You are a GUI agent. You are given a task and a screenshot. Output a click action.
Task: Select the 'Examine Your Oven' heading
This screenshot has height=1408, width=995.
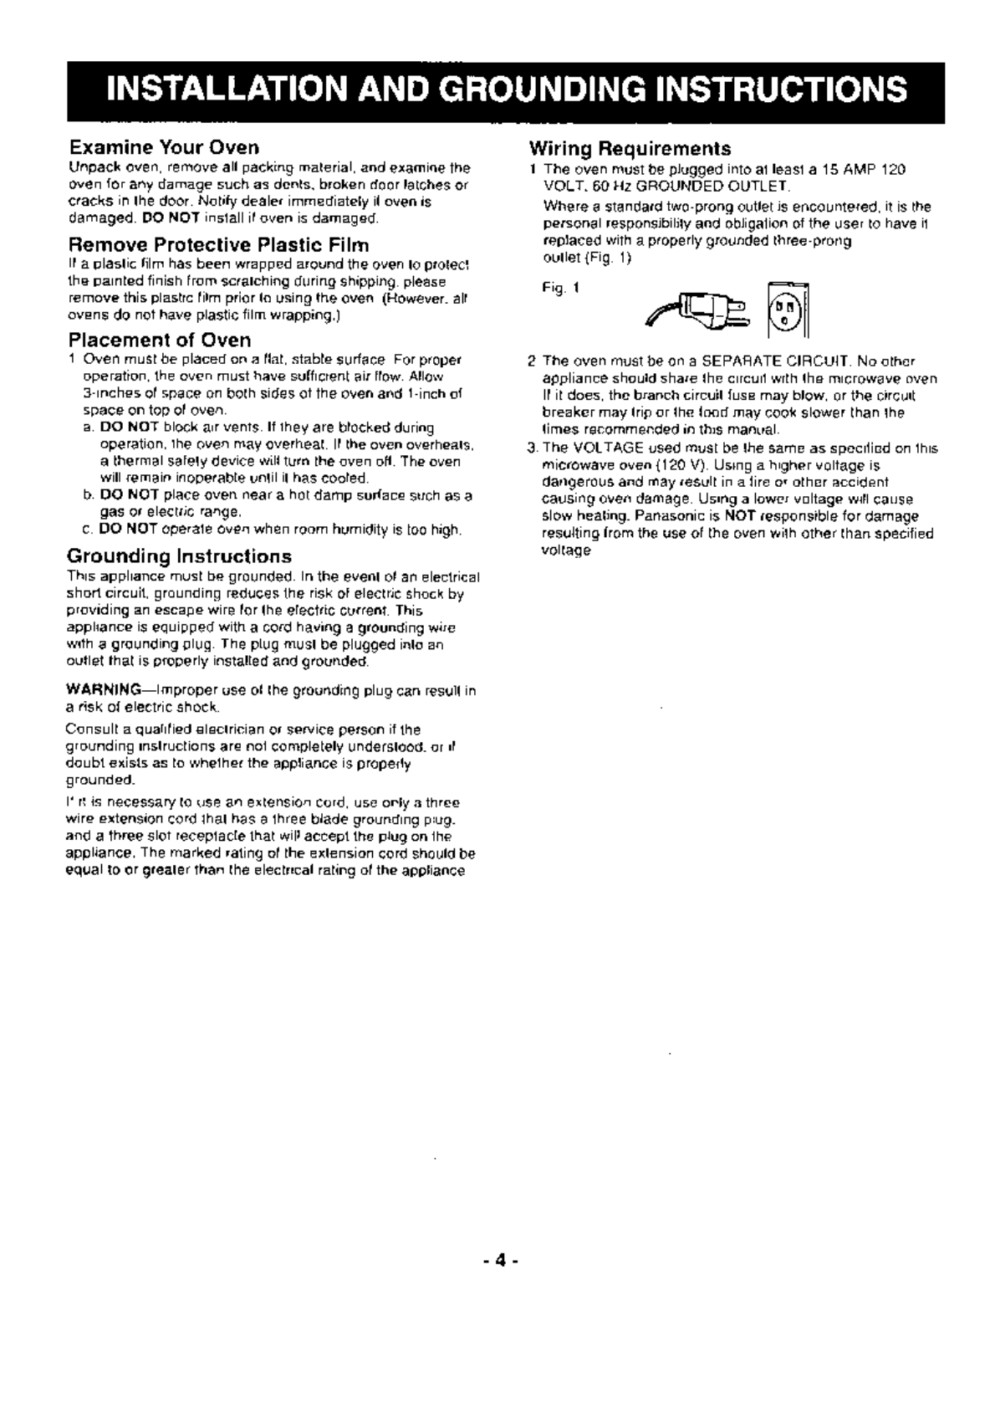click(x=163, y=149)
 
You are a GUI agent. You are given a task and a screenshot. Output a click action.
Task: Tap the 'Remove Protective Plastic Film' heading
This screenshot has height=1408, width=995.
click(x=218, y=245)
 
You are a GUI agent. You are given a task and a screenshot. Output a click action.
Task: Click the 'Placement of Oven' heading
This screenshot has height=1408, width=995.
click(x=159, y=340)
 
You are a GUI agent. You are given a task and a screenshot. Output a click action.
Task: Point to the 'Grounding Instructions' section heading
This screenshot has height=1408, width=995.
click(x=179, y=556)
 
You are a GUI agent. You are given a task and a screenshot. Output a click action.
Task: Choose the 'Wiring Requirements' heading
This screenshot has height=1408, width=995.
click(x=630, y=149)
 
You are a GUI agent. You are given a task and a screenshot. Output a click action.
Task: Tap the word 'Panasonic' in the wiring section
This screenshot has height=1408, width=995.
click(x=686, y=516)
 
